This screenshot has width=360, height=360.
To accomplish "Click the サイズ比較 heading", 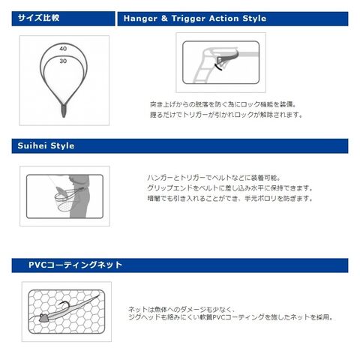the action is point(38,18).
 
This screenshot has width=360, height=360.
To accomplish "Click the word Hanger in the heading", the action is point(140,19).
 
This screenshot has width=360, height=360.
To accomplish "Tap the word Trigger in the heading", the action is point(188,19).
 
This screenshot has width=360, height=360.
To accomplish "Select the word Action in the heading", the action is point(224,19).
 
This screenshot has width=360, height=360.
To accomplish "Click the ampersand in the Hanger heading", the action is point(164,19).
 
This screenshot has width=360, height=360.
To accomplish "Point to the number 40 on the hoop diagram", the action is point(63,49).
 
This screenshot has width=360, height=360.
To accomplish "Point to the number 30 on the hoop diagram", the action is point(63,61).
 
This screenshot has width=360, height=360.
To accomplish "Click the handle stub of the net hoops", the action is point(64,110).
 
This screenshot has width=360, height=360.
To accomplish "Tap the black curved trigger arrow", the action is point(218,67).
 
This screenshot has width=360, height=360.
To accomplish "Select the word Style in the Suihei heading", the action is point(62,146).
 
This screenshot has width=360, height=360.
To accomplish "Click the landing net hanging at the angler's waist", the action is point(66,200).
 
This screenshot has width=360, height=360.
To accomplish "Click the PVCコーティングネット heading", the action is point(75,265).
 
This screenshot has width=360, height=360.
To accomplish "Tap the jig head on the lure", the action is point(43,318).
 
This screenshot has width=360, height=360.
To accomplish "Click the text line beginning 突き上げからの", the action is point(223,104).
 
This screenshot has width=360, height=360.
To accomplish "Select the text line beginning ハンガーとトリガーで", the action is point(214,178).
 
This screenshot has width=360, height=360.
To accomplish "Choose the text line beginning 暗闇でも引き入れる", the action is point(230,199).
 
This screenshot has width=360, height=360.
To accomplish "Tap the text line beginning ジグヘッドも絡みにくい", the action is point(231,317).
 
